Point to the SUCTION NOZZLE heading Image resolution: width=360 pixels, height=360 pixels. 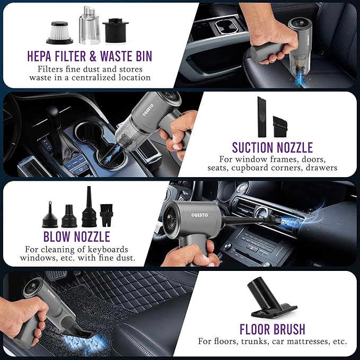coord(273,147)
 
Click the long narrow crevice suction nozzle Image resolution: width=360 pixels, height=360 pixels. coord(261,115)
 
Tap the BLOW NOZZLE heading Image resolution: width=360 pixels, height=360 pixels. coord(77,236)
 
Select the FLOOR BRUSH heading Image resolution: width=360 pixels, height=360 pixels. coord(273,328)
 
